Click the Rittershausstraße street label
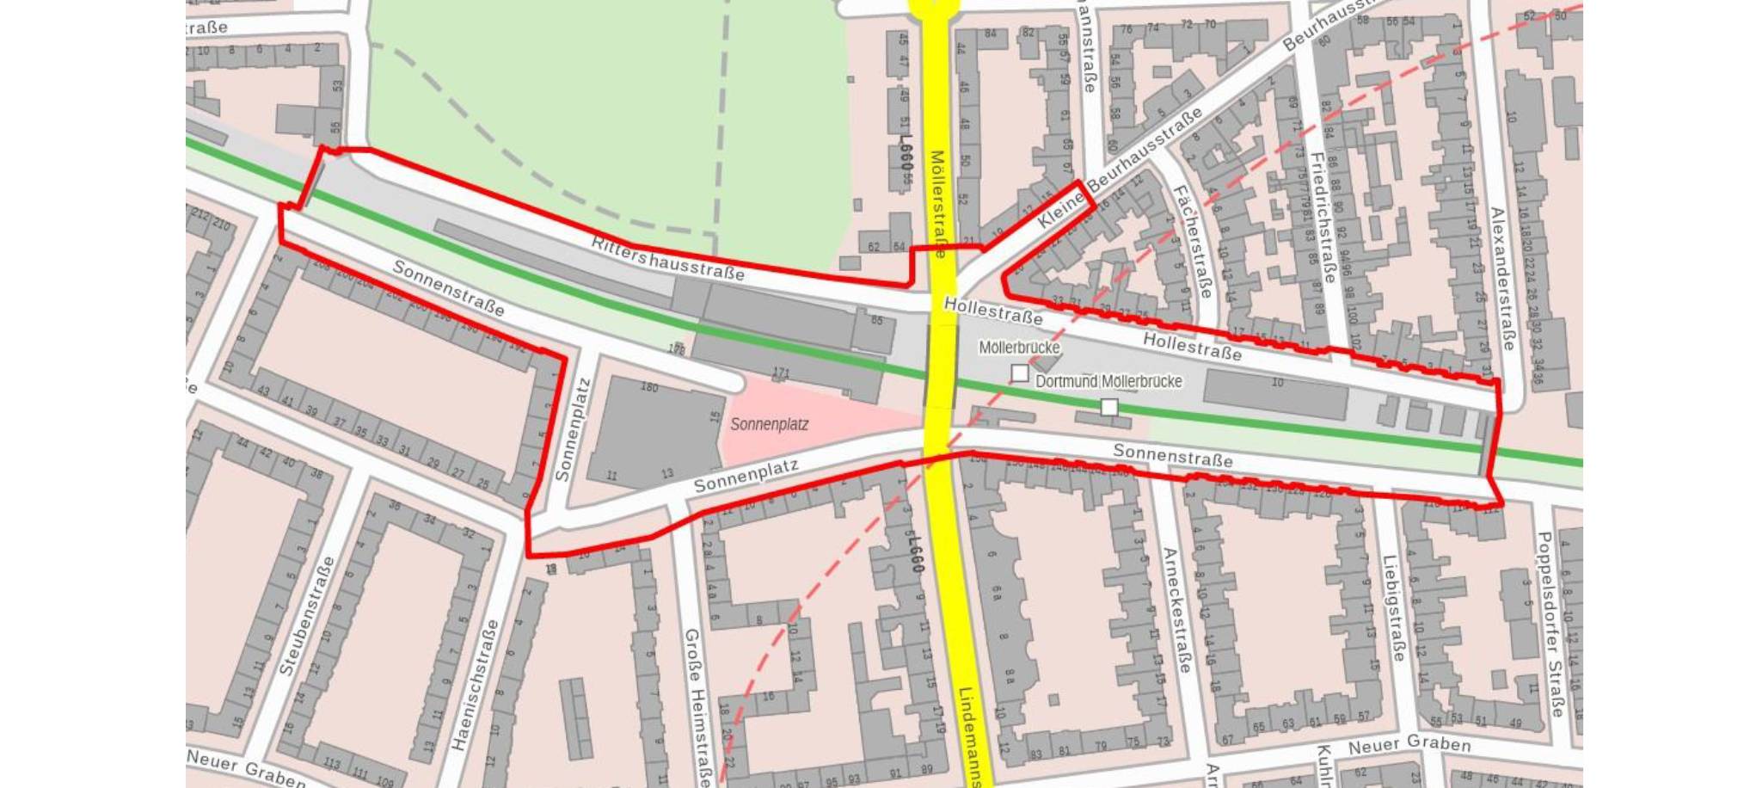tap(667, 258)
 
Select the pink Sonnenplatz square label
tap(769, 424)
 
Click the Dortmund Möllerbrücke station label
tap(1108, 381)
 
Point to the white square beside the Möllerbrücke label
tap(1019, 373)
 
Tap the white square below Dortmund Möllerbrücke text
tap(1109, 407)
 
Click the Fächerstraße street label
tap(1193, 242)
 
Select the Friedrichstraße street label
tap(1323, 217)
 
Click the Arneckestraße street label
tap(1176, 610)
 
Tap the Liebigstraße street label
tap(1392, 608)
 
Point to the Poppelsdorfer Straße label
tap(1550, 624)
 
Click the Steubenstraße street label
tap(306, 616)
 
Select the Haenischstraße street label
tap(474, 685)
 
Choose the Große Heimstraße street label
tap(697, 706)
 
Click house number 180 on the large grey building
tap(649, 387)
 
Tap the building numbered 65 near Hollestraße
tap(876, 321)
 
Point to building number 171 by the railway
tap(780, 373)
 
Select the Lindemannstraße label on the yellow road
tap(973, 736)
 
